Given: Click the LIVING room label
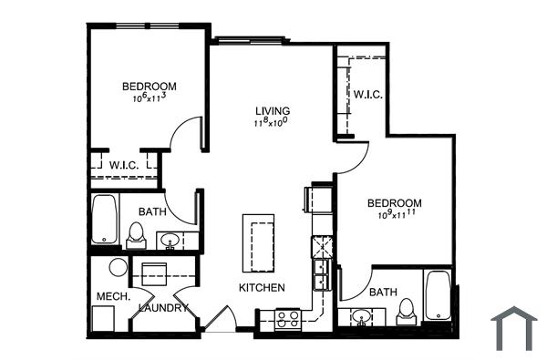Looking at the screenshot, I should coord(272,111).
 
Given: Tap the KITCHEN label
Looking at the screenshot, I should coord(263,288).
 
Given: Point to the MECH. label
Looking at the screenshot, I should coord(114,297).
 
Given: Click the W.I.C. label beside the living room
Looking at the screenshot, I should coord(366,94).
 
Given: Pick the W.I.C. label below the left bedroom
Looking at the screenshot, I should coord(124,165).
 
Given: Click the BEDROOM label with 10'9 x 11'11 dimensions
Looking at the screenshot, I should coord(395,202).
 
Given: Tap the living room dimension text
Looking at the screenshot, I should coord(271,123).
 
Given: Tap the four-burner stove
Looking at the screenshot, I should coord(289,318).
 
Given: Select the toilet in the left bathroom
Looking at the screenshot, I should coord(136,235).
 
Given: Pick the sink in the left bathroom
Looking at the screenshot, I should coord(169,241).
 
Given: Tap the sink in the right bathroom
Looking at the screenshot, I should coord(363,318).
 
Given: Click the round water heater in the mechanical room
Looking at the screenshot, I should coord(117,269).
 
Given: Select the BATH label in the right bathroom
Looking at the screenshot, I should coord(383,292).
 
